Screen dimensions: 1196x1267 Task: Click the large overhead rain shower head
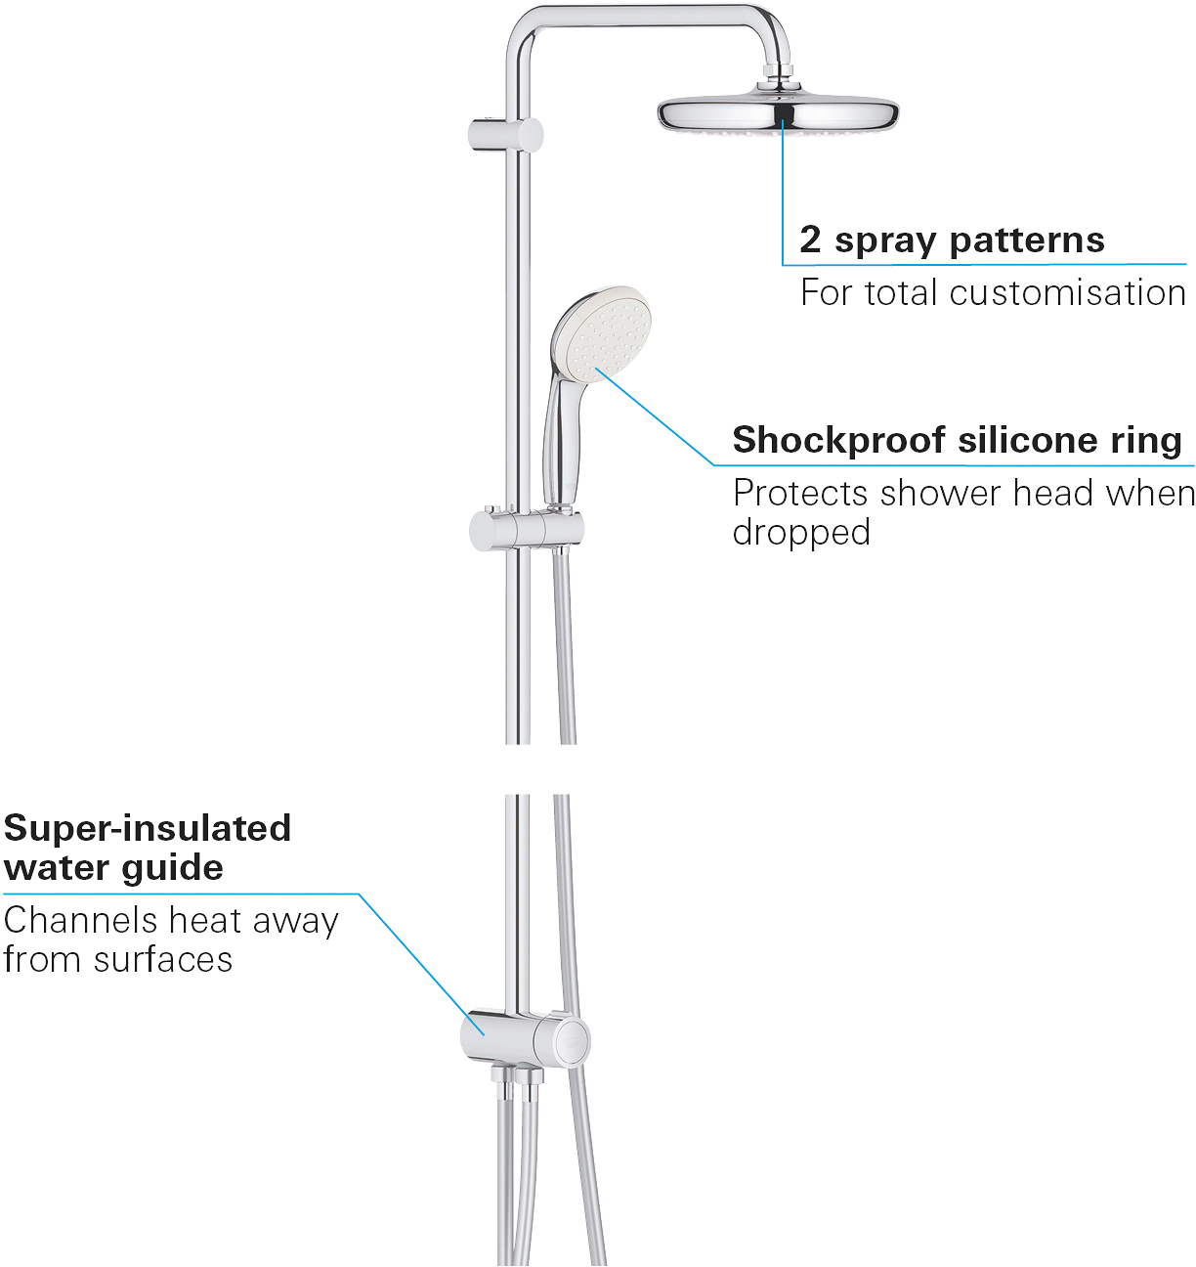pos(778,114)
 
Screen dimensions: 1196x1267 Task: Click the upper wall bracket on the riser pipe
pos(506,135)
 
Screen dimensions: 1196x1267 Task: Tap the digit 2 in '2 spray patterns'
pos(810,240)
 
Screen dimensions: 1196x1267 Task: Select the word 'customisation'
pos(1067,293)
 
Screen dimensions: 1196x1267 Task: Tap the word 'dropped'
pos(801,532)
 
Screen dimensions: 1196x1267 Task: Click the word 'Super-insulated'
pos(148,828)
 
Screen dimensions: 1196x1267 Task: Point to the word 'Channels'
pos(81,920)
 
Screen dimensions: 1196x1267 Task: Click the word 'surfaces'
pos(163,960)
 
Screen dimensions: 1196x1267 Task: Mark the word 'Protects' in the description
pos(800,493)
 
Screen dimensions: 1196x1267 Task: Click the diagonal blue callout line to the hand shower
pos(655,415)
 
